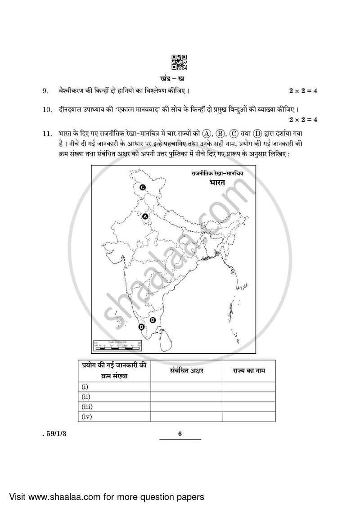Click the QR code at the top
[180, 62]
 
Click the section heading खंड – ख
[180, 77]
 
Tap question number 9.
[45, 91]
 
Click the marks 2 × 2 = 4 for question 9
[303, 91]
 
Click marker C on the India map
[142, 188]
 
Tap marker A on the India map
[145, 216]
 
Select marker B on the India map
[153, 320]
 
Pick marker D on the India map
[142, 327]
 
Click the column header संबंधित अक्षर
[186, 371]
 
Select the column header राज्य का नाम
[248, 371]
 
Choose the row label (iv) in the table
[86, 417]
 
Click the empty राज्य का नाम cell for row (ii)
[248, 396]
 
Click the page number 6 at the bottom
[180, 434]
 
